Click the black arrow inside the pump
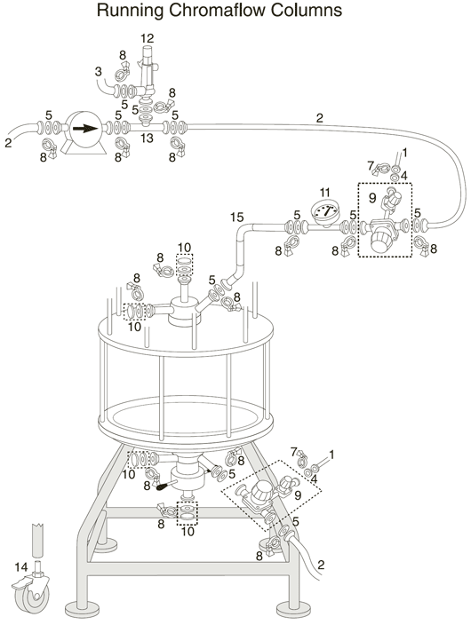pyautogui.click(x=85, y=129)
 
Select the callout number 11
pyautogui.click(x=325, y=193)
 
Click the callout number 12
pyautogui.click(x=148, y=39)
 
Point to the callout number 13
pyautogui.click(x=147, y=138)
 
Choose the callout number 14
pyautogui.click(x=21, y=566)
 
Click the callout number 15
pyautogui.click(x=236, y=218)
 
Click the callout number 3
pyautogui.click(x=98, y=72)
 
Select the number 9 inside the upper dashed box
pyautogui.click(x=372, y=198)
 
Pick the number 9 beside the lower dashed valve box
pyautogui.click(x=298, y=495)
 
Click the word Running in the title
pyautogui.click(x=130, y=11)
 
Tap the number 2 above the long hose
pyautogui.click(x=319, y=118)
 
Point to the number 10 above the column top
pyautogui.click(x=185, y=248)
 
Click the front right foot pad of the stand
pyautogui.click(x=293, y=609)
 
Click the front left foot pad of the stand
pyautogui.click(x=83, y=609)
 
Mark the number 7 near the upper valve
pyautogui.click(x=371, y=165)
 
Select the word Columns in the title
pyautogui.click(x=307, y=10)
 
